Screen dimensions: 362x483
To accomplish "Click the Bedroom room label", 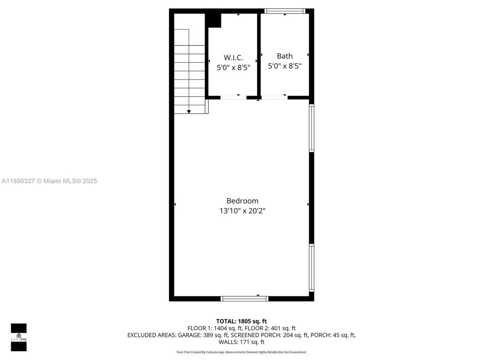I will click(x=242, y=201).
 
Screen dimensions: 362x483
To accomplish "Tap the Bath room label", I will click(x=285, y=56).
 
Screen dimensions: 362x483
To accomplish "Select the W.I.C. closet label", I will click(x=233, y=58).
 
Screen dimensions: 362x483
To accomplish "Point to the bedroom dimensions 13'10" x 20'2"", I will click(x=242, y=211).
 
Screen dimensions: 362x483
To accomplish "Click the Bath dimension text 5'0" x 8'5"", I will click(x=285, y=66).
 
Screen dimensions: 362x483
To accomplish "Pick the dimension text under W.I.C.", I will click(x=233, y=68).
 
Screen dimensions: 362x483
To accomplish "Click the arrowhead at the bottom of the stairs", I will click(x=189, y=111).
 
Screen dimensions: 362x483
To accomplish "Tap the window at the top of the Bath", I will click(x=285, y=11).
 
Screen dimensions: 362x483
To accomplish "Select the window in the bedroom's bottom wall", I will click(x=245, y=299).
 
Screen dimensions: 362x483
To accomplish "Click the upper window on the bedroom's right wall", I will click(x=312, y=128).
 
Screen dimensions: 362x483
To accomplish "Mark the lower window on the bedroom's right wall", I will click(x=312, y=268).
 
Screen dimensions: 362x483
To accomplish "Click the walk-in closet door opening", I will click(x=233, y=98).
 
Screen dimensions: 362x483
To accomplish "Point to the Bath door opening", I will click(x=275, y=98).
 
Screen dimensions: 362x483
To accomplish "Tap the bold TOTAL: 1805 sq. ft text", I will click(x=241, y=321).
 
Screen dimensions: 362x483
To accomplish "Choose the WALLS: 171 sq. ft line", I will click(x=241, y=342).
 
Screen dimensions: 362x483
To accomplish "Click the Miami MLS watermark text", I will click(x=49, y=181).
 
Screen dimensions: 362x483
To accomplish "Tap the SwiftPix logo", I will click(x=18, y=337).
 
